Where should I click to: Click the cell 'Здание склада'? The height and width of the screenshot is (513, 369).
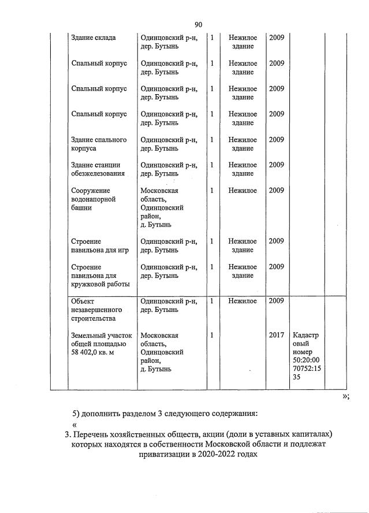tap(93, 38)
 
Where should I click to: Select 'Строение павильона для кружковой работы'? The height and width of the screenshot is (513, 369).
tap(100, 275)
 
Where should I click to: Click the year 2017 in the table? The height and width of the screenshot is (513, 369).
tap(277, 335)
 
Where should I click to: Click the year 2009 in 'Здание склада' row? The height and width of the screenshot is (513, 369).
tap(277, 38)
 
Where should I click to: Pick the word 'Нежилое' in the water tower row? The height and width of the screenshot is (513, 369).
tap(243, 190)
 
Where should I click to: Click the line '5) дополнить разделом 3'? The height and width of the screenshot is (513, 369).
tap(165, 414)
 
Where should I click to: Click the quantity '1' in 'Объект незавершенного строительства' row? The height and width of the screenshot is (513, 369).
tap(212, 300)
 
